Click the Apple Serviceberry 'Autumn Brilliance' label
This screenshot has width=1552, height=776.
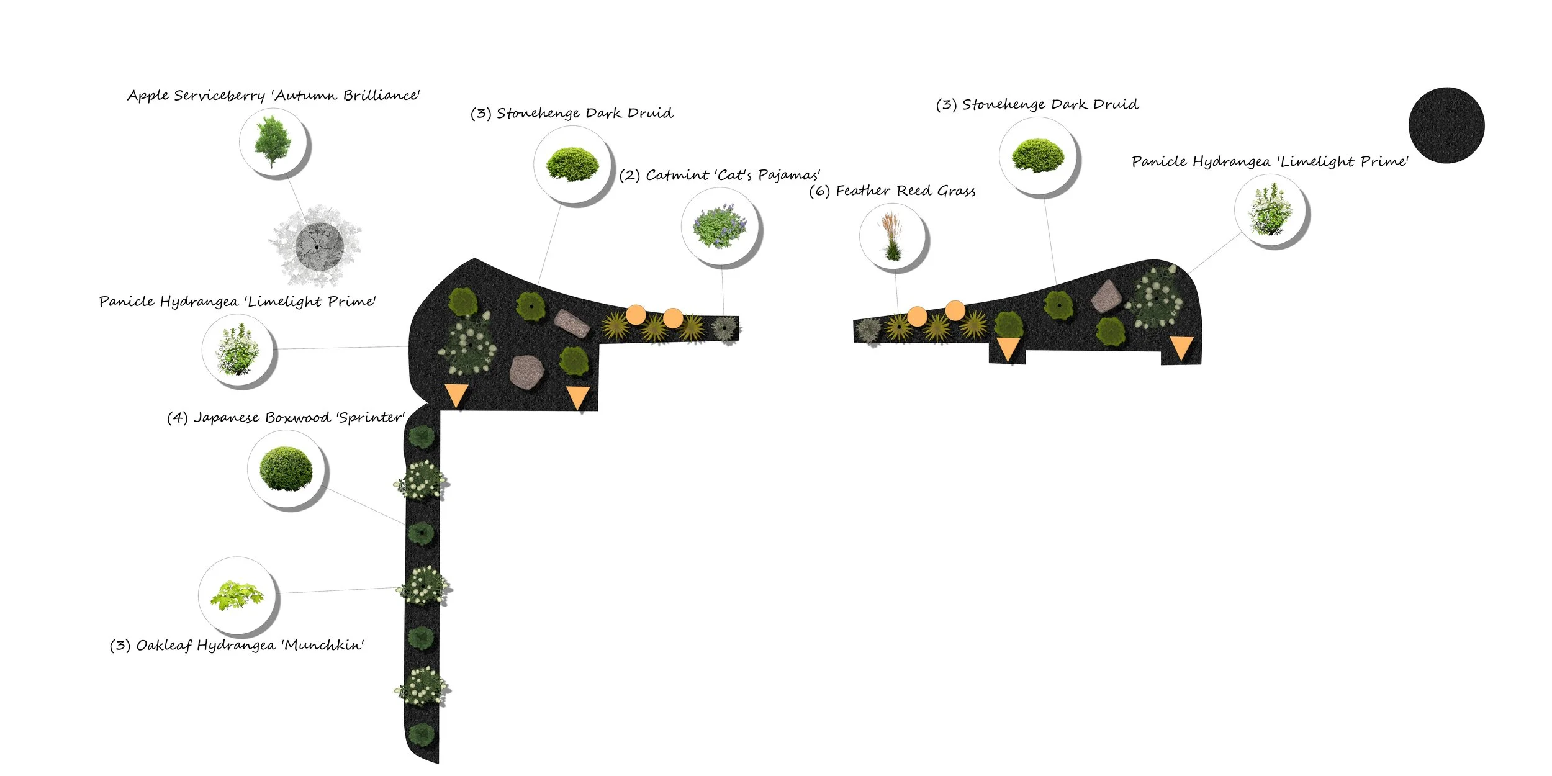coord(274,96)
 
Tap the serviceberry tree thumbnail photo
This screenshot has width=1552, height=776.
coord(274,142)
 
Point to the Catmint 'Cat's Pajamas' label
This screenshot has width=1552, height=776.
coord(720,176)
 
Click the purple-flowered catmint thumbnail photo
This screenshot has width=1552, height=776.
coord(720,227)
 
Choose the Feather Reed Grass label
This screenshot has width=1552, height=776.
coord(892,191)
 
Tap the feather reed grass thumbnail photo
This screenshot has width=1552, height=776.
coord(892,237)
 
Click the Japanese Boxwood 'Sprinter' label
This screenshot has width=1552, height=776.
coord(286,418)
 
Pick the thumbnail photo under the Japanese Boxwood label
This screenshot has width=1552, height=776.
coord(286,469)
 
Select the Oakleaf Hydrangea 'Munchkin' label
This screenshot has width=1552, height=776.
coord(237,646)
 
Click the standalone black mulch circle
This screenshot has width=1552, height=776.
coord(1446,125)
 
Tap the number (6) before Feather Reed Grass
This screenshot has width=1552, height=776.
coord(819,191)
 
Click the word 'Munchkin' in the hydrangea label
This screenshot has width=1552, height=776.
coord(322,645)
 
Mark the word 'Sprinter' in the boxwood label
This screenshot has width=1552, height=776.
coord(371,418)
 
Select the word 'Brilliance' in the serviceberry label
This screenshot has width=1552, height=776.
coord(381,95)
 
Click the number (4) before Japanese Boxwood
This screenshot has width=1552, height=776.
coord(178,418)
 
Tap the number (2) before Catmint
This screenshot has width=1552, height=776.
coord(630,176)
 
